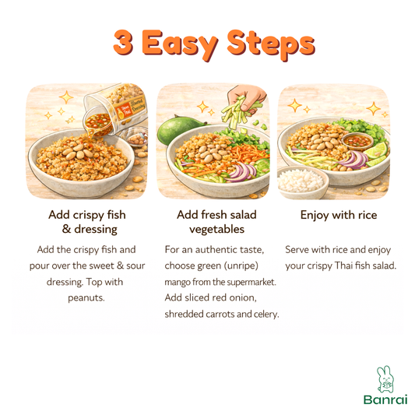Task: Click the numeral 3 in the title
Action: click(x=123, y=42)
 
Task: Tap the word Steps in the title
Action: click(x=271, y=44)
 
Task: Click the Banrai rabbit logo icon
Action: click(x=385, y=379)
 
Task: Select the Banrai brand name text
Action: click(x=385, y=399)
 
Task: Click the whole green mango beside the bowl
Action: click(x=175, y=129)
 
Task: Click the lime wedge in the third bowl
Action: click(x=376, y=151)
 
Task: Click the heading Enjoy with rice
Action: click(x=339, y=215)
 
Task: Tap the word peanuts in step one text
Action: click(x=86, y=298)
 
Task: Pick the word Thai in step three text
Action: click(x=343, y=266)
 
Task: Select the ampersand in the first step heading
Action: click(x=66, y=229)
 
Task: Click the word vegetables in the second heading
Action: click(x=216, y=230)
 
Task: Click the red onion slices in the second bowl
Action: click(x=241, y=171)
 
